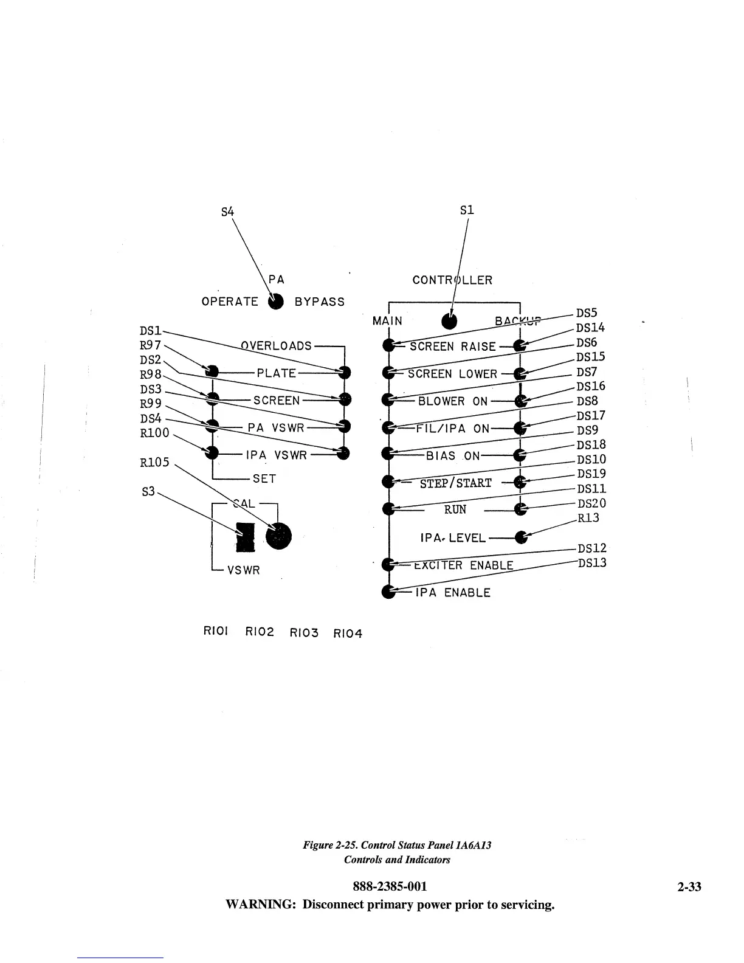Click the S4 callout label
click(227, 212)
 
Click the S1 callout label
click(467, 210)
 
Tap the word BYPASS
click(320, 302)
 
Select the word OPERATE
click(230, 302)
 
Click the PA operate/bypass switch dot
click(276, 302)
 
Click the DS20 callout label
click(591, 503)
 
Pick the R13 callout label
click(588, 517)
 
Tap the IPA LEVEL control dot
click(520, 537)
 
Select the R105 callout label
click(154, 462)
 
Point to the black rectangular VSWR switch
click(245, 537)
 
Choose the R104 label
click(348, 633)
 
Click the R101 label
click(215, 631)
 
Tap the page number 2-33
click(689, 886)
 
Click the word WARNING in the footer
click(260, 905)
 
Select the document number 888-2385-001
click(390, 886)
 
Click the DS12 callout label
click(591, 548)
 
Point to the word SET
click(264, 478)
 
